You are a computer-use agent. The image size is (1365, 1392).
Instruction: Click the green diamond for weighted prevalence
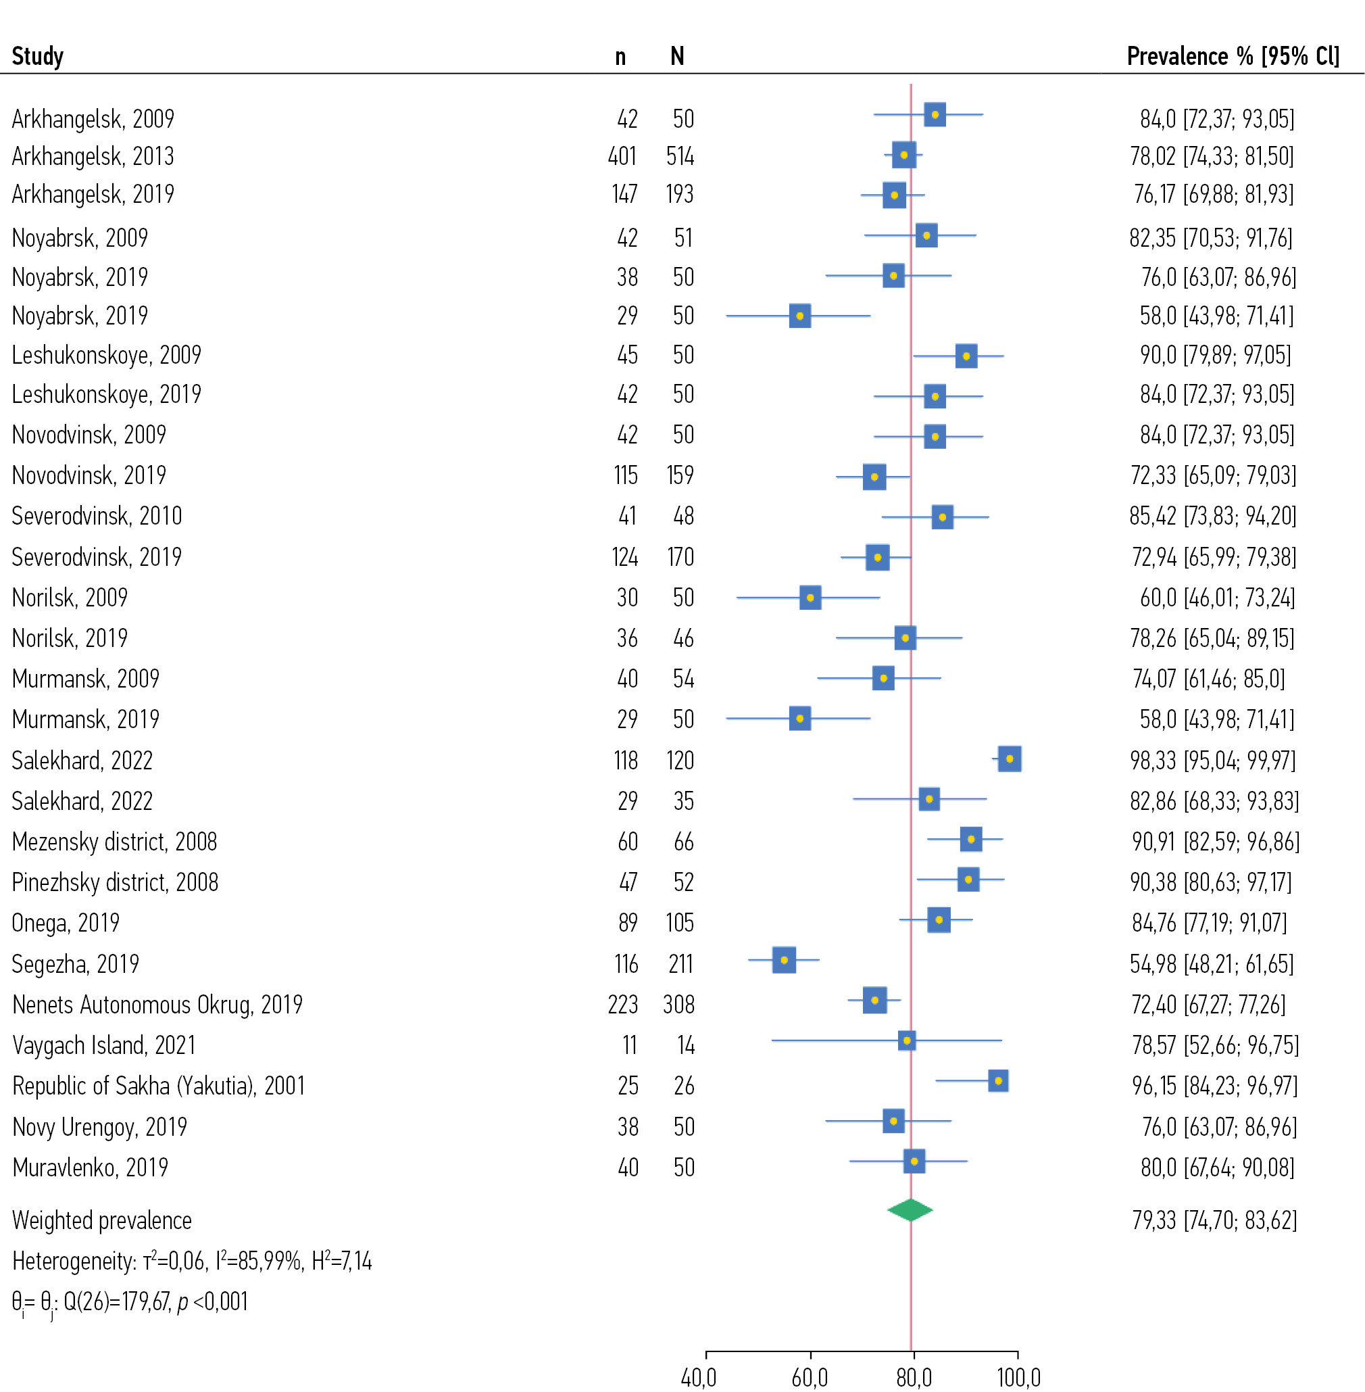click(910, 1210)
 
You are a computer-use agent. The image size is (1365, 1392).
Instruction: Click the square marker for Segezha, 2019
click(784, 959)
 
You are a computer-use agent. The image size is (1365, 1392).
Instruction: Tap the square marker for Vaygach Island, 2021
click(907, 1040)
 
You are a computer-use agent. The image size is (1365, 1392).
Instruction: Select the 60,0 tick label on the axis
click(810, 1378)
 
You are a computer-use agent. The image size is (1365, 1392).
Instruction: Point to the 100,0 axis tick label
click(1019, 1378)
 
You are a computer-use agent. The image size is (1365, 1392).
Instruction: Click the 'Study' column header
click(38, 56)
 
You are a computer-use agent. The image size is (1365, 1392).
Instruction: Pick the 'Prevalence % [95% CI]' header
click(1233, 56)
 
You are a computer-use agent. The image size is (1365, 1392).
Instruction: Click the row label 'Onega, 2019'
click(66, 923)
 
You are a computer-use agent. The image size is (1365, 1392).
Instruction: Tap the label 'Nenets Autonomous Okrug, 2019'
click(157, 1005)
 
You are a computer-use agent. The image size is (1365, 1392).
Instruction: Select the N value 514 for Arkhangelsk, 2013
click(680, 156)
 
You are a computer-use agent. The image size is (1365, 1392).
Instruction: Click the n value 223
click(622, 1005)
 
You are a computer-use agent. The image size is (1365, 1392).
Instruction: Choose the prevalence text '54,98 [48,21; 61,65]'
click(1212, 964)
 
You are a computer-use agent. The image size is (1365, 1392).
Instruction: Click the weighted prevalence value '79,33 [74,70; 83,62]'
click(1214, 1220)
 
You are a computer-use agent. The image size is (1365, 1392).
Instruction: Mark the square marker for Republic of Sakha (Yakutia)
click(998, 1081)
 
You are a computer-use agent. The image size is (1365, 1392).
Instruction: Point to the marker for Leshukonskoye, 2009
click(966, 356)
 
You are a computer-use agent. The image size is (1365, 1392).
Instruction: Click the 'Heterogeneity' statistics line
click(192, 1261)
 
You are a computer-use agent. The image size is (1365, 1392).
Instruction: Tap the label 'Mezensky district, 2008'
click(115, 842)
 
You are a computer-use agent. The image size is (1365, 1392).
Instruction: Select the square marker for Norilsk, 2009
click(810, 598)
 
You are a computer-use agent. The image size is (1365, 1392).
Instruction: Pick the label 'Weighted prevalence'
click(102, 1220)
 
